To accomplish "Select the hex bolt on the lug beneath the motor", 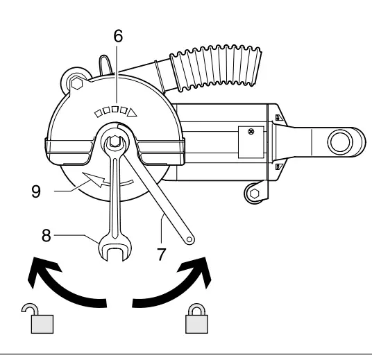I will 255,192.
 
